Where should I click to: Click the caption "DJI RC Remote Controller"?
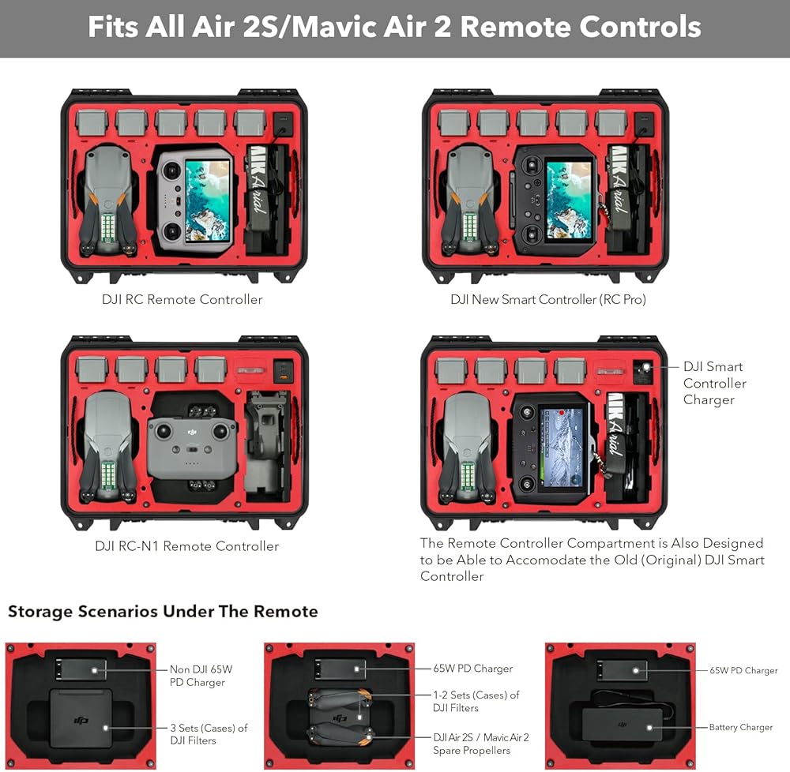click(182, 300)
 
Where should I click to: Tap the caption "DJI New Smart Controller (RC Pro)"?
click(548, 300)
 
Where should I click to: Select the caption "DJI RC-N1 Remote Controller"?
click(186, 546)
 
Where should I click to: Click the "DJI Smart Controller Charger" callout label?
click(714, 383)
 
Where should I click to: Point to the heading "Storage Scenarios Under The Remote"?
click(163, 612)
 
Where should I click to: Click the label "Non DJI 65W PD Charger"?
click(201, 676)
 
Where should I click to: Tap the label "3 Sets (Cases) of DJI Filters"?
click(209, 734)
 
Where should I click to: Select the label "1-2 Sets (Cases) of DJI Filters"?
click(476, 702)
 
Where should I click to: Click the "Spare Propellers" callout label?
click(481, 744)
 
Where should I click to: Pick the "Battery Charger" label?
click(740, 728)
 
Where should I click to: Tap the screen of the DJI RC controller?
click(208, 200)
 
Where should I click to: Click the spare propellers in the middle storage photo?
click(340, 718)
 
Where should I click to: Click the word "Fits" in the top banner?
click(113, 28)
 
